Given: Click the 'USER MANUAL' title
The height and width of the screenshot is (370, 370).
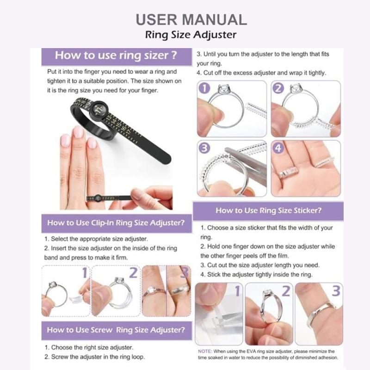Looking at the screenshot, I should (191, 19).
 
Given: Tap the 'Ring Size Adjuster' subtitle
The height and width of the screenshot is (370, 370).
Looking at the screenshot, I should (191, 35).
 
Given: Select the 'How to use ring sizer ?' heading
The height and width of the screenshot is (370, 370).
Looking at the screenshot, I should (116, 56).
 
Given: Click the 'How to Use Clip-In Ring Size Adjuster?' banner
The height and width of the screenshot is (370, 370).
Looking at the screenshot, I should (116, 223).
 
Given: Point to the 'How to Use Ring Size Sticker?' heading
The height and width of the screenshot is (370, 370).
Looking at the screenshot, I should (268, 210).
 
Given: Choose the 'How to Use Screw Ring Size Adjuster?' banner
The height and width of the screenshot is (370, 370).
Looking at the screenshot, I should (116, 330).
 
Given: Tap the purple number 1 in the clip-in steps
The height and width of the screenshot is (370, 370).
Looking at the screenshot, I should (85, 273).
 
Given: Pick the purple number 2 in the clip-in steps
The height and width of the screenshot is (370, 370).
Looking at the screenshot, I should (133, 273).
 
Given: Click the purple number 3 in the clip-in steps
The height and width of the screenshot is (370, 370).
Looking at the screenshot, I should (184, 273).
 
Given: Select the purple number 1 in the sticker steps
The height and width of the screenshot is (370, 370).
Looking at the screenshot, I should (237, 291).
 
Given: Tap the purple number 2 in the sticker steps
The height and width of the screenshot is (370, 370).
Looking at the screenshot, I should (286, 291).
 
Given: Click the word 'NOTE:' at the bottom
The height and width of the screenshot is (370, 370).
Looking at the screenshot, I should (205, 351).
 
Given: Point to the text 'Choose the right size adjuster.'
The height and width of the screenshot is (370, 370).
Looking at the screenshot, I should (89, 347).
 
